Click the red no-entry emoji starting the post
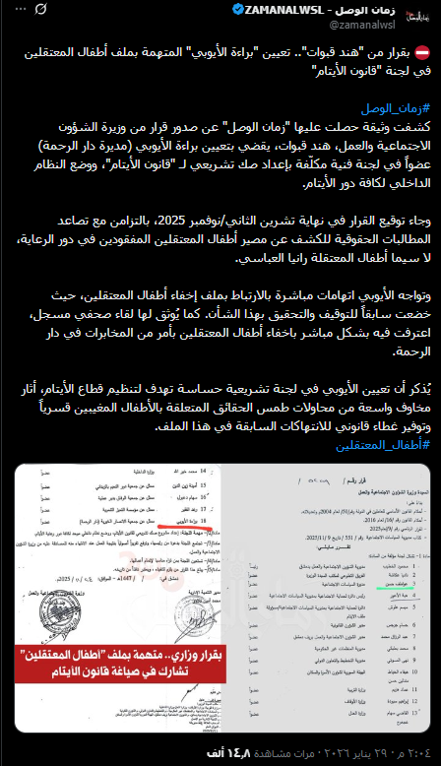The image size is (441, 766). [x=420, y=53]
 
